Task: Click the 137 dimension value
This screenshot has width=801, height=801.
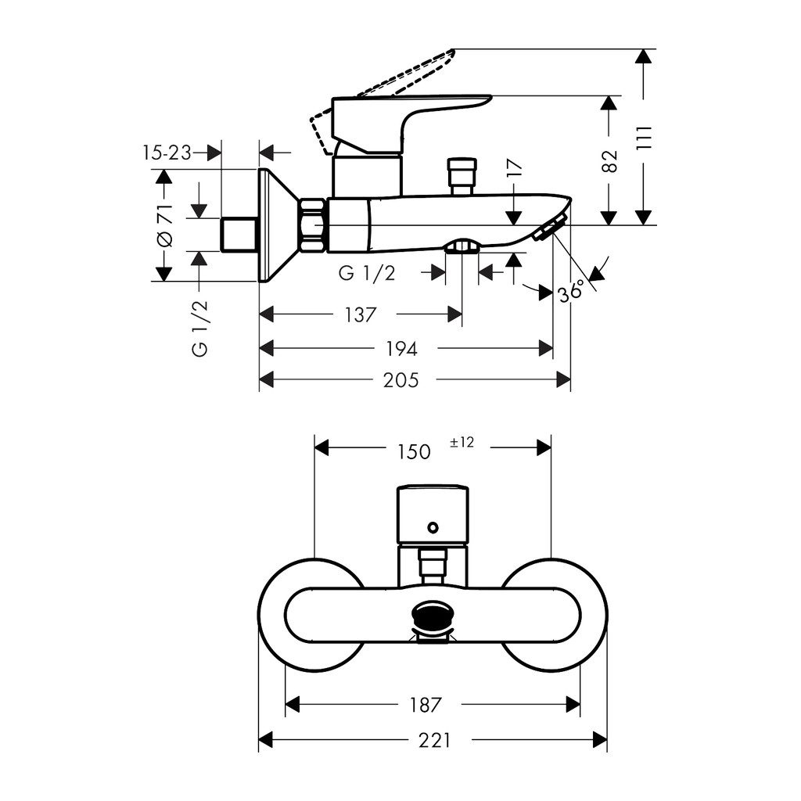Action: [361, 314]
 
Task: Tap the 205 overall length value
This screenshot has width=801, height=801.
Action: [401, 380]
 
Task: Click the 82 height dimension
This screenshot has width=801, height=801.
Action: [611, 160]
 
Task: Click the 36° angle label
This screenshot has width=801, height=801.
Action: [571, 292]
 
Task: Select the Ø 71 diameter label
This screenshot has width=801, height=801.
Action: [163, 227]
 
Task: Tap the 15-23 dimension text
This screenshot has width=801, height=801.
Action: [167, 153]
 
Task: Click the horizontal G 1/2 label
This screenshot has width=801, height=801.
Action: [367, 273]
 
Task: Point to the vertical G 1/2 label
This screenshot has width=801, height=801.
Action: [200, 327]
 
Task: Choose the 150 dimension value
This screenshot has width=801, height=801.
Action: [413, 451]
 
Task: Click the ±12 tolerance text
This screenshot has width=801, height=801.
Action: [462, 443]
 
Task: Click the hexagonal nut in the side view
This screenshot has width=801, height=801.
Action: [312, 225]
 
